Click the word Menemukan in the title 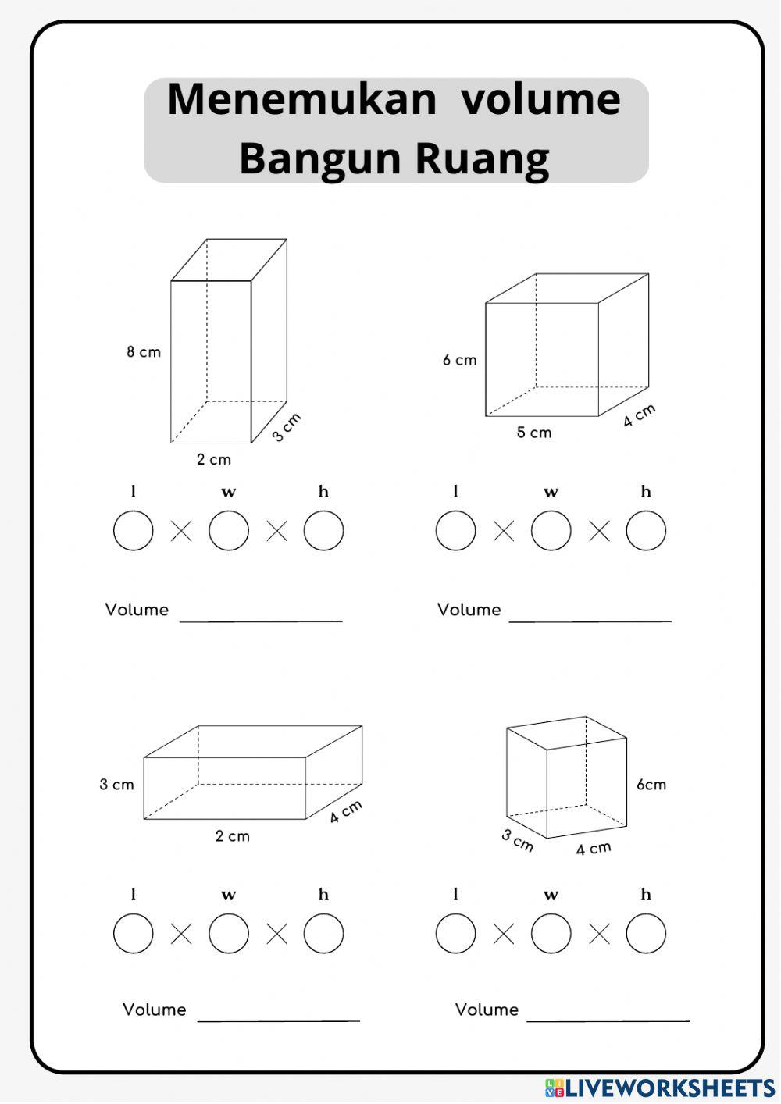pos(301,100)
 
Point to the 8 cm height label pos(144,352)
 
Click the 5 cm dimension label pos(533,433)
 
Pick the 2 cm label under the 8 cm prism pos(213,459)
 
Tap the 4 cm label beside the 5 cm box pos(639,415)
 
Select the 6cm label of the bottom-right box pos(651,785)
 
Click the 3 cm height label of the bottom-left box pos(116,785)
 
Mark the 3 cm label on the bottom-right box pos(517,840)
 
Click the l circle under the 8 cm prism pos(134,531)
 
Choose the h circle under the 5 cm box pos(646,531)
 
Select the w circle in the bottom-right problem pos(551,934)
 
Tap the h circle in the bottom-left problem pos(323,934)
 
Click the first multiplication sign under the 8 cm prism pos(181,532)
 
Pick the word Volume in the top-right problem pos(469,610)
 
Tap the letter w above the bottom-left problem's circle pos(228,895)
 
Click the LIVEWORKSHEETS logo pos(660,1088)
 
